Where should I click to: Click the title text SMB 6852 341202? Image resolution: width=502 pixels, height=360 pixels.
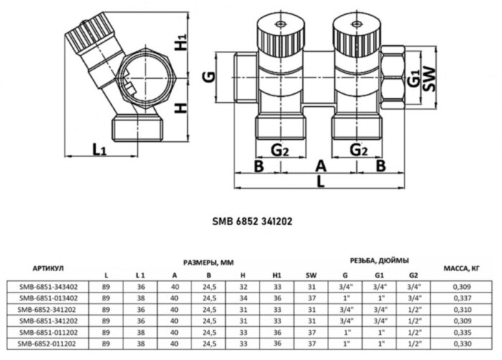coord(251,222)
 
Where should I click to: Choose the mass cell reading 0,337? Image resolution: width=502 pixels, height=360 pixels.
coord(460,297)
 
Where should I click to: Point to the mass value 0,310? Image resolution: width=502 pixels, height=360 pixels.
coord(460,308)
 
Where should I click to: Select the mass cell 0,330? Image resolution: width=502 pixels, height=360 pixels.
coord(460,344)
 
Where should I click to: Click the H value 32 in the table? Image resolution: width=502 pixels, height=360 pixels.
coord(242,285)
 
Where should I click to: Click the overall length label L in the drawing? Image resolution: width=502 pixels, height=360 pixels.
coord(321,183)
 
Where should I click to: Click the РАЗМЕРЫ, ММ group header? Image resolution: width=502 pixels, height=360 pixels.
coord(207,261)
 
